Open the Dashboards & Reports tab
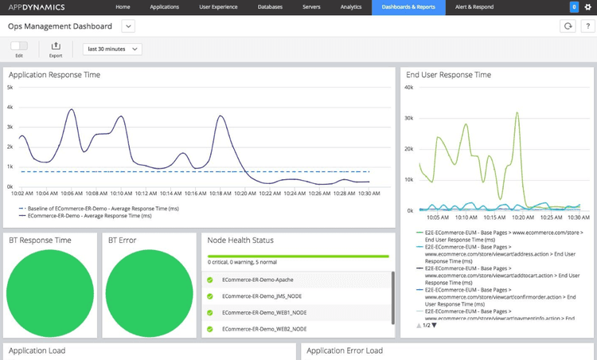tap(409, 7)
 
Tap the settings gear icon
tap(587, 7)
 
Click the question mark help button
tap(586, 26)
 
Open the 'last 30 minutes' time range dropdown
tap(112, 49)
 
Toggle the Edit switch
tap(19, 46)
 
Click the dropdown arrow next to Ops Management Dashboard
tap(128, 26)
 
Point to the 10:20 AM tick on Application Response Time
tap(246, 193)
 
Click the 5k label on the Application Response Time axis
tap(10, 88)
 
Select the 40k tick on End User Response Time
tap(409, 87)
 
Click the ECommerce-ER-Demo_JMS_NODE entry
tap(263, 296)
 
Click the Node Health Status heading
tap(240, 240)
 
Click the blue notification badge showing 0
tap(574, 7)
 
